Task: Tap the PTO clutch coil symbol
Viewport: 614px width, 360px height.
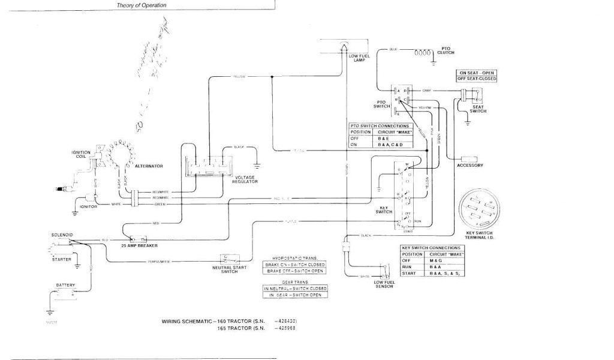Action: tap(423, 52)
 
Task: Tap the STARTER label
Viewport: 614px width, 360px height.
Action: tap(61, 259)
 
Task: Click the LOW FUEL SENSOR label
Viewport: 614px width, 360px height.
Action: tap(383, 284)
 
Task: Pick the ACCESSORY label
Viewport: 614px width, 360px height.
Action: tap(470, 166)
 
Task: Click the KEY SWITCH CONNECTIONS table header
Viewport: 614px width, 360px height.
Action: tap(431, 248)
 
